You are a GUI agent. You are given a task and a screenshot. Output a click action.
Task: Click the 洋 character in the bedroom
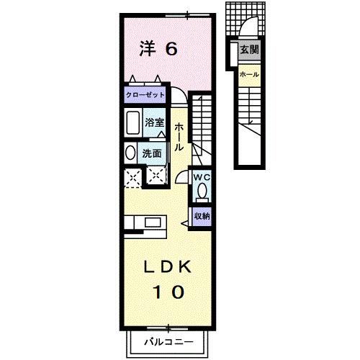pyautogui.click(x=147, y=49)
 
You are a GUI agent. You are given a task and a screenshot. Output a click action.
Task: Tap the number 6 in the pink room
pyautogui.click(x=172, y=49)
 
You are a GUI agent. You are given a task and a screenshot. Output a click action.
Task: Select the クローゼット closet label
pyautogui.click(x=145, y=95)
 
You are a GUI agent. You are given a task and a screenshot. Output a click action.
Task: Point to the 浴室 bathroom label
pyautogui.click(x=154, y=122)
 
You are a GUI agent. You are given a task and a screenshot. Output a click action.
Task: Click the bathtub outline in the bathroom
pyautogui.click(x=132, y=124)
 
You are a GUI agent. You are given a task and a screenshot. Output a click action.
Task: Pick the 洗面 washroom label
pyautogui.click(x=151, y=153)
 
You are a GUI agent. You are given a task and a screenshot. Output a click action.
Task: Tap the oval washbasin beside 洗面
pyautogui.click(x=130, y=153)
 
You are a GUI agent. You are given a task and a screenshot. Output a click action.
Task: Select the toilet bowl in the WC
pyautogui.click(x=202, y=191)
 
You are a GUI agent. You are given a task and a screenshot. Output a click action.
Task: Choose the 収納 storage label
pyautogui.click(x=202, y=215)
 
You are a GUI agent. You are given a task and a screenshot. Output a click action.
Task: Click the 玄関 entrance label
pyautogui.click(x=249, y=51)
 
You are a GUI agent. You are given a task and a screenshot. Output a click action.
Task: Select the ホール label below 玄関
pyautogui.click(x=249, y=74)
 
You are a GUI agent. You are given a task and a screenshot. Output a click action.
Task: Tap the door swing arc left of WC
pyautogui.click(x=180, y=180)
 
